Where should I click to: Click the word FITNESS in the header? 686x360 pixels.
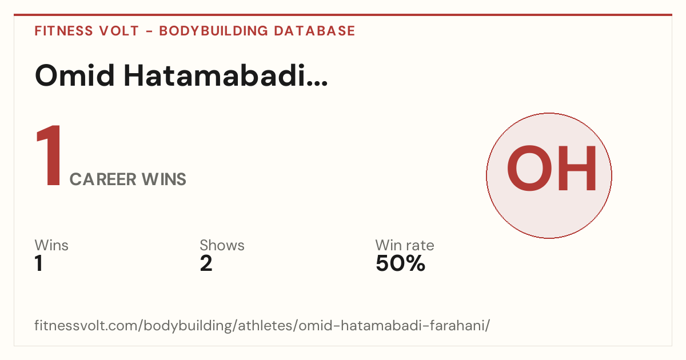[63, 31]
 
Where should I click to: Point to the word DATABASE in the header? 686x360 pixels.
[314, 31]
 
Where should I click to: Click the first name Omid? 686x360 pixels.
[75, 75]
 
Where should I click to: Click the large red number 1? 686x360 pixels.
[49, 155]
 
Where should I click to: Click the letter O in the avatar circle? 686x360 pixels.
[529, 168]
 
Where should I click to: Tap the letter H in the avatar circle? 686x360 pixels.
[577, 168]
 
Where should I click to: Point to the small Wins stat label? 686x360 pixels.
[51, 245]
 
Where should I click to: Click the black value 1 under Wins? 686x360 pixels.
[39, 263]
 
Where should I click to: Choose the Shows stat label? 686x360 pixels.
[222, 245]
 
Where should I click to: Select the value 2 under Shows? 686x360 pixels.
[206, 263]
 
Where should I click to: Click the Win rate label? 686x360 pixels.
[405, 245]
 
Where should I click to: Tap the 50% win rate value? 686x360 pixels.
[401, 263]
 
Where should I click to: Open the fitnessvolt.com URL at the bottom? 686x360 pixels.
[262, 325]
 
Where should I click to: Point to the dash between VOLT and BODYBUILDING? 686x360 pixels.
[149, 31]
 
